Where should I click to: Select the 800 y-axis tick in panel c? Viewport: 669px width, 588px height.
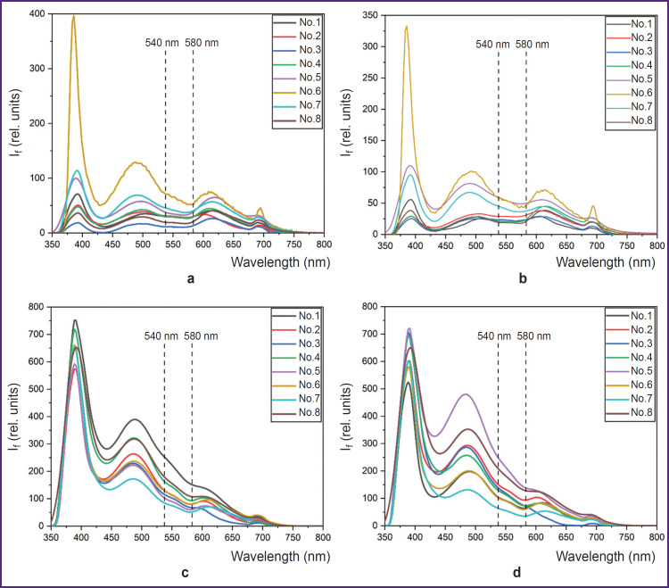[x=35, y=307]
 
